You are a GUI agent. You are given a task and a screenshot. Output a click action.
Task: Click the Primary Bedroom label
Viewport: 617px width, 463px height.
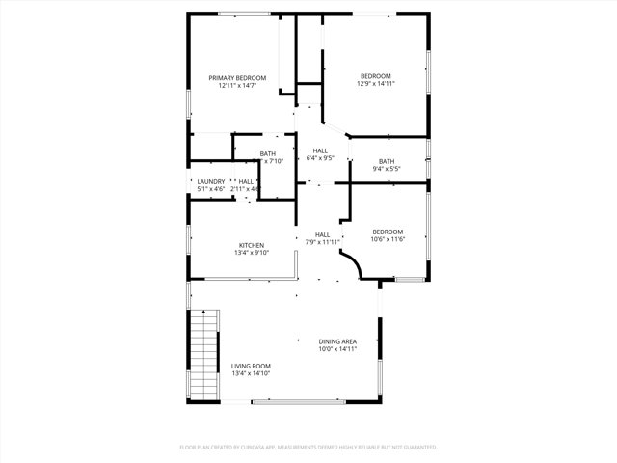coord(237,77)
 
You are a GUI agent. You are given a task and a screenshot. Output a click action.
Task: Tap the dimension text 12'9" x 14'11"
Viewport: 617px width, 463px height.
coord(376,84)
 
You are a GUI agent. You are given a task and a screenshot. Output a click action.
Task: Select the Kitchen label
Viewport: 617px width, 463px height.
coord(251,245)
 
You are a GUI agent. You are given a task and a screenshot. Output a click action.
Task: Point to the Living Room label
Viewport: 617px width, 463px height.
coord(251,366)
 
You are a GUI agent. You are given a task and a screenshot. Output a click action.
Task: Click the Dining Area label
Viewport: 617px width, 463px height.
coord(337,341)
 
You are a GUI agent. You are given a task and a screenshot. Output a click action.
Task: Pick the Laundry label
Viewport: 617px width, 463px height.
coord(211,181)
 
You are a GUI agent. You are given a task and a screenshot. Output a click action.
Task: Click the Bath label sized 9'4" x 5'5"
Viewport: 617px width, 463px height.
coord(387,161)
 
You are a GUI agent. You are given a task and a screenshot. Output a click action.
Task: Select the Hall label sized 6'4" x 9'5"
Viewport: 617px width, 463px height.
coord(319,150)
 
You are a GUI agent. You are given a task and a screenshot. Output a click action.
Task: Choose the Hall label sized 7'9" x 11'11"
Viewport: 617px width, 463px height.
coord(323,234)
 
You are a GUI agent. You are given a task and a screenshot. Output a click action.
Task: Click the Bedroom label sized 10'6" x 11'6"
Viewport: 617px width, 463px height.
coord(388,231)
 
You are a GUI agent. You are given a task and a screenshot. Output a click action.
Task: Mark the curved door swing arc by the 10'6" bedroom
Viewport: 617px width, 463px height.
coord(354,264)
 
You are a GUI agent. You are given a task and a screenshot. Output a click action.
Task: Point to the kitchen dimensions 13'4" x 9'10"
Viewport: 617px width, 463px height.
coord(251,253)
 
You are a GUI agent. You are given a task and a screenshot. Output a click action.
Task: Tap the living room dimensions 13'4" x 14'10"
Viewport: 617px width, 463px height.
coord(251,373)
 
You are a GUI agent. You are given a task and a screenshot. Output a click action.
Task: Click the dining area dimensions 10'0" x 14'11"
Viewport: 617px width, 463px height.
coord(337,349)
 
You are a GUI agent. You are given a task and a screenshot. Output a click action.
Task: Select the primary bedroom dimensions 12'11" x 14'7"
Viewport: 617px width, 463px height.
coord(237,85)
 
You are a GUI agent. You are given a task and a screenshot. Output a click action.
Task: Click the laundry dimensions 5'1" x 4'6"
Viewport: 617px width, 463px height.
coord(211,189)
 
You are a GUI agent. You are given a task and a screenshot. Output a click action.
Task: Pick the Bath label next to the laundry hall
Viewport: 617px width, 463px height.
coord(267,153)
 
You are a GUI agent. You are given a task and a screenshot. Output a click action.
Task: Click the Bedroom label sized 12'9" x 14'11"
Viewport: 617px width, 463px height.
coord(376,76)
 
